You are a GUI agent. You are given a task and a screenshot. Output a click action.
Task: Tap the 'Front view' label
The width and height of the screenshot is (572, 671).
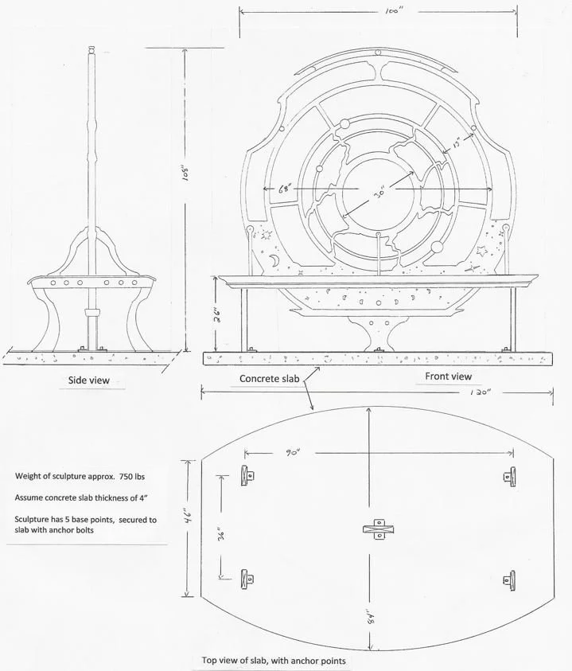pos(448,376)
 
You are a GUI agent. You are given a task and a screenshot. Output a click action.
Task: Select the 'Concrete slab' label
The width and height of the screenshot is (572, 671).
pos(270,379)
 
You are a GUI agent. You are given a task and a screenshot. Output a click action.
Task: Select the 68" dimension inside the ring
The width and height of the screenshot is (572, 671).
pos(287,189)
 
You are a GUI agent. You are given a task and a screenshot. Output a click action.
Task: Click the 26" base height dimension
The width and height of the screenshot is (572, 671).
pos(216,313)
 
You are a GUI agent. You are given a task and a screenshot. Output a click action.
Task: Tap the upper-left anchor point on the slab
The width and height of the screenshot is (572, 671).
pos(247,474)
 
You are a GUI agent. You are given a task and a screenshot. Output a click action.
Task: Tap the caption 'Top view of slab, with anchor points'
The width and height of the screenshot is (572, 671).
pos(274,660)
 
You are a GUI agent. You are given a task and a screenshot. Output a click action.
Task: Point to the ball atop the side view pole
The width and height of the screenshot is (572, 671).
pos(91,51)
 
